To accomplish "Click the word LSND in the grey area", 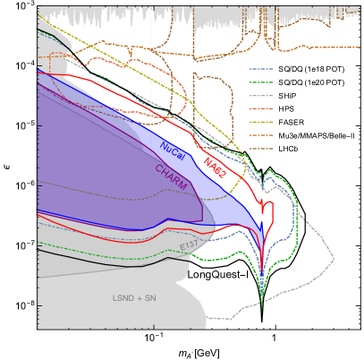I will click(x=124, y=297).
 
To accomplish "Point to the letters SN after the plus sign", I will click(x=150, y=297).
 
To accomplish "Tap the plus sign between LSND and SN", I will click(x=140, y=297).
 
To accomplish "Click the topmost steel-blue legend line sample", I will click(x=261, y=69).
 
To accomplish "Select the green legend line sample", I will click(x=261, y=82).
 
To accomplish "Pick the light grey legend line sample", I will click(x=261, y=96).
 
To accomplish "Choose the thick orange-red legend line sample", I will click(x=261, y=108).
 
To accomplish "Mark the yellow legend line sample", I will click(x=261, y=122).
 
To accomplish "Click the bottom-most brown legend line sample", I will click(x=261, y=149).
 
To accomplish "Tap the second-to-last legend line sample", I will click(x=261, y=135).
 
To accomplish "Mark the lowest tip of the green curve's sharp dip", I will click(x=262, y=295).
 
